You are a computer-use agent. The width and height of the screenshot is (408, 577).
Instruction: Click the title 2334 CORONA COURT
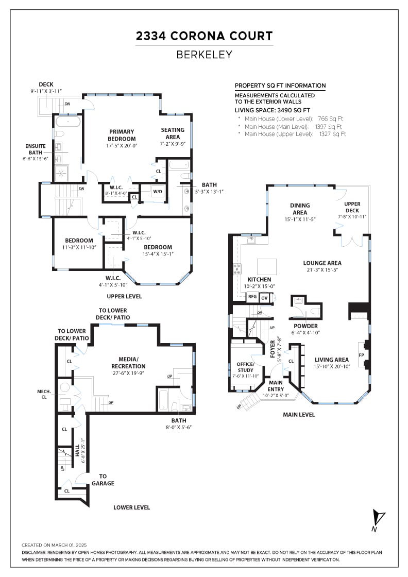coord(204,36)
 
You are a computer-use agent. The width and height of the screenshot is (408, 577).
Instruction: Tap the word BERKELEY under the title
coord(204,55)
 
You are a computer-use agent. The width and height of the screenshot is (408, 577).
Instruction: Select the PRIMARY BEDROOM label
coord(122,135)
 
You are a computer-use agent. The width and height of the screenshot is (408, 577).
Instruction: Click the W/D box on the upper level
coord(158,191)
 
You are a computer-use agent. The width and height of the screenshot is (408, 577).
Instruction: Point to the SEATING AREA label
coord(173,133)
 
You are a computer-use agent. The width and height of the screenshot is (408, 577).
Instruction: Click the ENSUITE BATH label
coord(36,149)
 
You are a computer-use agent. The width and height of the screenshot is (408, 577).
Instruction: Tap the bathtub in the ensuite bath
coord(68,121)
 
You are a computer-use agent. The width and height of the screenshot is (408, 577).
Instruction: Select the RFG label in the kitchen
coord(252,297)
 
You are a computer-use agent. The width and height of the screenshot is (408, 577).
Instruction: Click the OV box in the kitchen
coord(264,298)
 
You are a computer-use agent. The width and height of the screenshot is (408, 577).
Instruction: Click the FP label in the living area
coord(361,355)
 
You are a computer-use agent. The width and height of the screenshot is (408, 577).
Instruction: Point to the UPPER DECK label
coord(352,207)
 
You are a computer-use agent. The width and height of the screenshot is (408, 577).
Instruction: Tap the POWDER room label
coord(305,326)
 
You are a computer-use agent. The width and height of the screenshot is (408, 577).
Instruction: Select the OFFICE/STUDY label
coord(245,367)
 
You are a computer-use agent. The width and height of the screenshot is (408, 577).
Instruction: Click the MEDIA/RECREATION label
coord(128,363)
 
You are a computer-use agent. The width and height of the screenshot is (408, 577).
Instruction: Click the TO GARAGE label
coord(103,480)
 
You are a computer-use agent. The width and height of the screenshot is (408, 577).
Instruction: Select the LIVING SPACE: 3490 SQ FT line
coord(272,110)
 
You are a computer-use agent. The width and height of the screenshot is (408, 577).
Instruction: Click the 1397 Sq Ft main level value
coord(329,127)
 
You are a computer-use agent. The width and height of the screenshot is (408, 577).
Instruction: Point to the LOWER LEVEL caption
coord(132,507)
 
